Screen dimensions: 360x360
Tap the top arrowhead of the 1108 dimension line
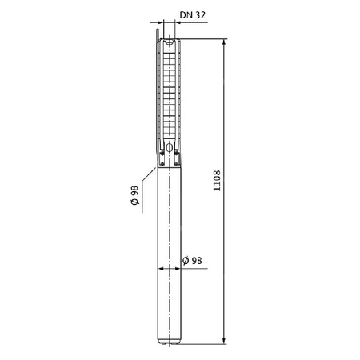click(x=223, y=37)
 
